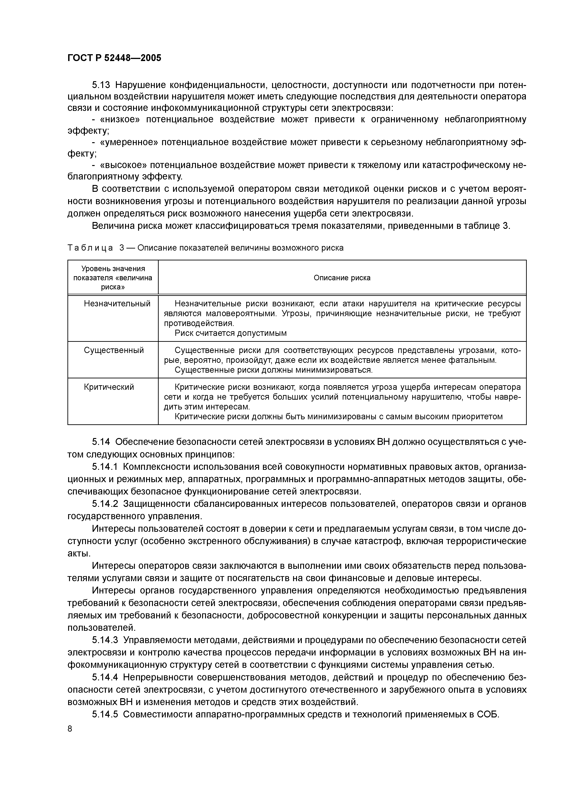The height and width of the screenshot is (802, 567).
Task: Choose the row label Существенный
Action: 114,350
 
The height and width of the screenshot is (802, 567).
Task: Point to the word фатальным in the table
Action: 475,360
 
